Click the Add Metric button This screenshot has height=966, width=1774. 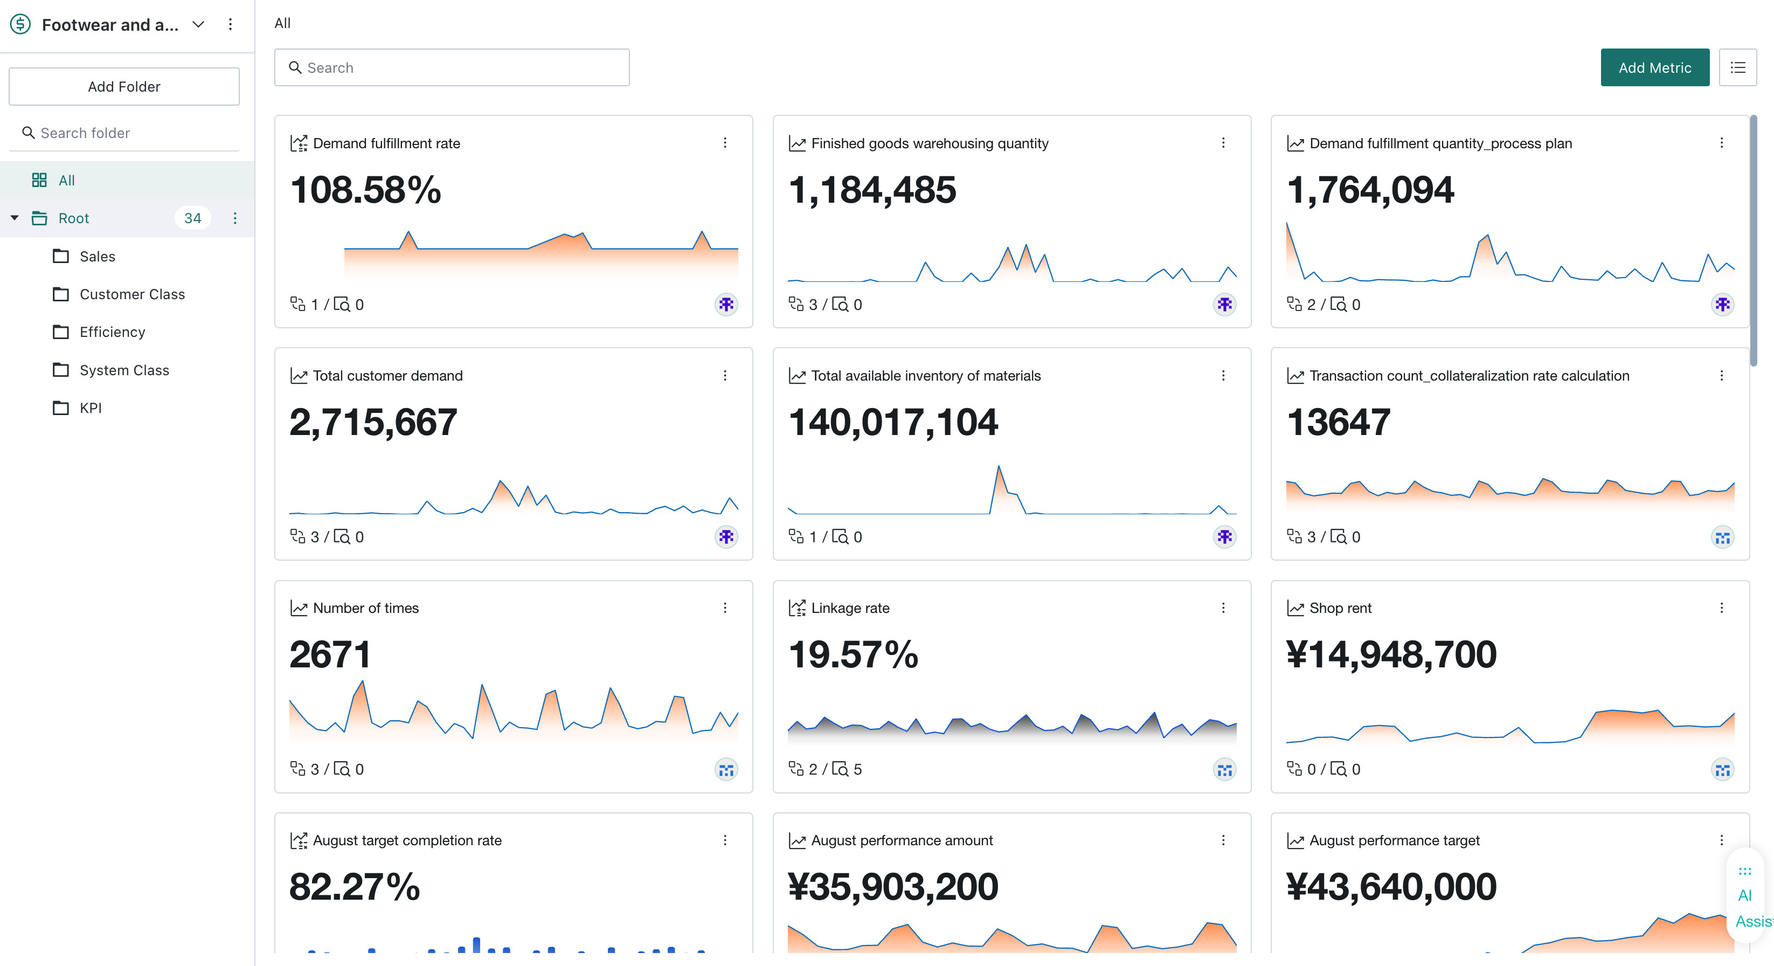(x=1654, y=67)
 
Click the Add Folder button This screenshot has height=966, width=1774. (x=124, y=86)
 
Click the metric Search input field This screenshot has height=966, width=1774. (x=452, y=67)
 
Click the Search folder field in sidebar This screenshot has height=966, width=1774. (x=124, y=133)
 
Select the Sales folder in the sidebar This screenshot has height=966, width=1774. (x=97, y=256)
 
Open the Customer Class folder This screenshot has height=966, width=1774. (x=132, y=294)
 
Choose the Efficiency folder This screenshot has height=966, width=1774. (x=112, y=332)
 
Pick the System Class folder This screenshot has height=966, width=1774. (x=124, y=370)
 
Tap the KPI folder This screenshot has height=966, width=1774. (x=90, y=408)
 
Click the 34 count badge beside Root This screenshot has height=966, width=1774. (x=193, y=218)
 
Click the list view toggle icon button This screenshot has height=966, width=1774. (x=1737, y=67)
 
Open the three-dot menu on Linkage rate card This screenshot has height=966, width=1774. (x=1223, y=608)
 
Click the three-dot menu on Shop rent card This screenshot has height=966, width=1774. (x=1722, y=608)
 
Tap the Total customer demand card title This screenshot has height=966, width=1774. (x=387, y=376)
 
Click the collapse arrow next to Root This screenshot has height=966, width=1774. (x=15, y=218)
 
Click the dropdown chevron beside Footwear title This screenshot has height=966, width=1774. (x=198, y=24)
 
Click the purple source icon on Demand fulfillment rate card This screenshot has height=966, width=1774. (x=726, y=305)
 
